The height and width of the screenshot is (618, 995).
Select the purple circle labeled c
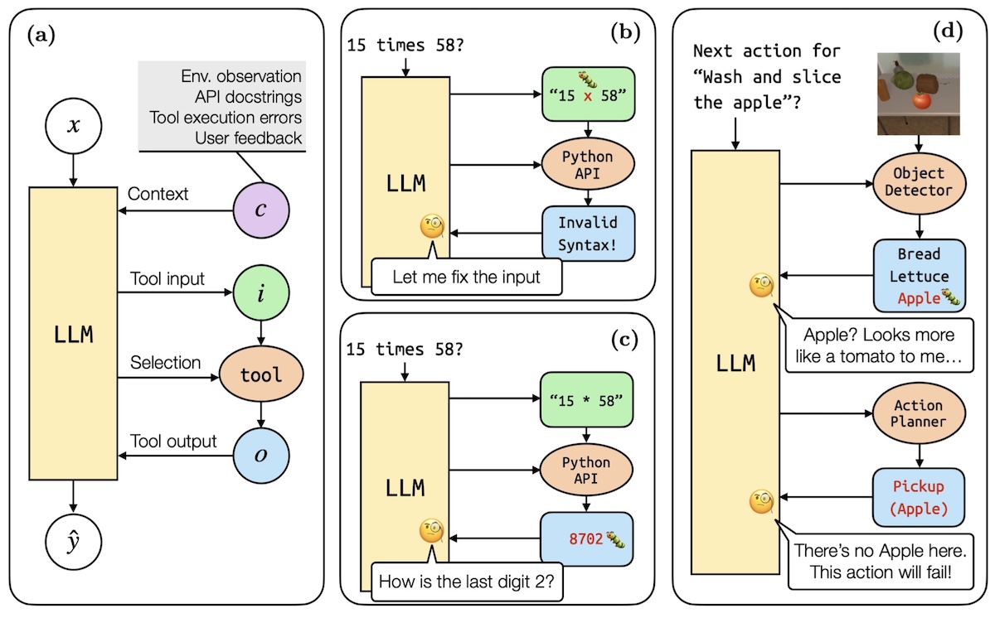click(x=260, y=210)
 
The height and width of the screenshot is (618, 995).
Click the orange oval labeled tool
click(x=260, y=374)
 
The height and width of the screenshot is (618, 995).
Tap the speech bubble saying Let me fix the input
click(x=465, y=277)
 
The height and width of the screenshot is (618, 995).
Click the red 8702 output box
click(x=587, y=537)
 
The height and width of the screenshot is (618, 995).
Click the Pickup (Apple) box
click(x=919, y=497)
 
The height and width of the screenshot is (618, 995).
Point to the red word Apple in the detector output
click(x=909, y=297)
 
